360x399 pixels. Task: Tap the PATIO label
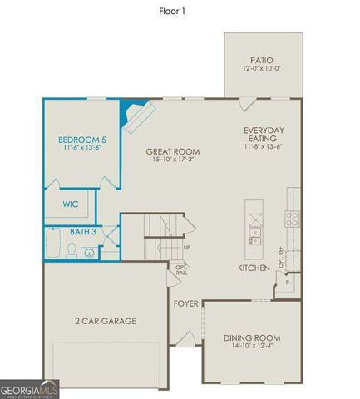click(262, 61)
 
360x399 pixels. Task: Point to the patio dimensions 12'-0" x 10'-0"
click(262, 70)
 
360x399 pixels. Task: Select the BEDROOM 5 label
click(81, 139)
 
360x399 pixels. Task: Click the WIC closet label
click(71, 203)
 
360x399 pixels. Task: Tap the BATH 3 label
click(81, 232)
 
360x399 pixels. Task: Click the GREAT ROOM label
click(173, 151)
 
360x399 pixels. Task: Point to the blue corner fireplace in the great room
click(131, 111)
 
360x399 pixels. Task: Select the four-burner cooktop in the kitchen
click(293, 218)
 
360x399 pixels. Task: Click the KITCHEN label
click(253, 268)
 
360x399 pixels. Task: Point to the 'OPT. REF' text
click(281, 264)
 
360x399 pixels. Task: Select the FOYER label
click(185, 304)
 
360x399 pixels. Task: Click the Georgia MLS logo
click(30, 389)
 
